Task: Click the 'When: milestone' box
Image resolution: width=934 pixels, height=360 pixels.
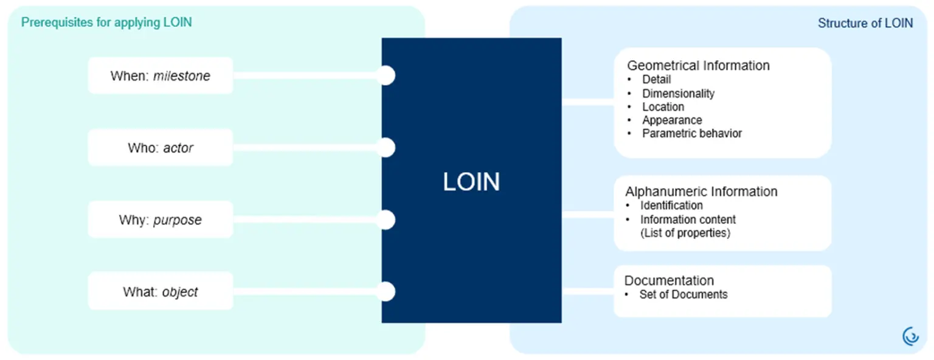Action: tap(161, 75)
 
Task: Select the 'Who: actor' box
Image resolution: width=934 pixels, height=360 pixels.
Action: tap(161, 148)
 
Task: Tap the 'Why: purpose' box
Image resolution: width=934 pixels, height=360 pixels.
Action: tap(161, 220)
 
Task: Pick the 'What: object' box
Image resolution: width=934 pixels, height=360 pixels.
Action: tap(161, 291)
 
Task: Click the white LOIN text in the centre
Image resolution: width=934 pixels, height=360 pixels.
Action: tap(471, 182)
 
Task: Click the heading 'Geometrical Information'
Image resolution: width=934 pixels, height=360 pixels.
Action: tap(699, 66)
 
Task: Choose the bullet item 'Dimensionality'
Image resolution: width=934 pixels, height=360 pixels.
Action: tap(679, 94)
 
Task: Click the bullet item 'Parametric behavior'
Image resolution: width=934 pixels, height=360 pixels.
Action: tap(692, 134)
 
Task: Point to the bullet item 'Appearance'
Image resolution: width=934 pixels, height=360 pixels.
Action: tap(672, 120)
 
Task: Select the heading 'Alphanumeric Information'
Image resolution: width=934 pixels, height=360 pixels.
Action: tap(701, 192)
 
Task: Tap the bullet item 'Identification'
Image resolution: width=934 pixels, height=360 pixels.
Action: tap(672, 206)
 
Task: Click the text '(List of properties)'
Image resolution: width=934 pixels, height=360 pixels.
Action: tap(685, 233)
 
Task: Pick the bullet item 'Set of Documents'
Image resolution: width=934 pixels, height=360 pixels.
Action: tap(684, 294)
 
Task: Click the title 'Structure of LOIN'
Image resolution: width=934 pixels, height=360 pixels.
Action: tap(865, 23)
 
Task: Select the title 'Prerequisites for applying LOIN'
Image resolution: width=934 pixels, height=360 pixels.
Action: tap(107, 22)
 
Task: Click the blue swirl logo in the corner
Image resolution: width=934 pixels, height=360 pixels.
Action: tap(911, 336)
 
